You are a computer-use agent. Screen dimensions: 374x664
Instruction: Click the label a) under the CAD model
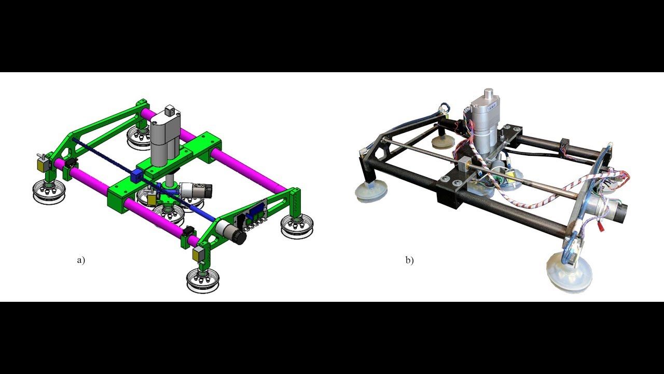tap(80, 260)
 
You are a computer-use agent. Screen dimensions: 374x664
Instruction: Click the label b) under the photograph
tap(409, 260)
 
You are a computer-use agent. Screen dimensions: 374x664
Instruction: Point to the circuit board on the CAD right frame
tap(254, 215)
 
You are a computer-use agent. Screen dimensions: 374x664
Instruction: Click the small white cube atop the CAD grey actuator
tap(170, 110)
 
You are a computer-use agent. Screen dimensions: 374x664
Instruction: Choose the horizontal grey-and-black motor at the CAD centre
tap(197, 190)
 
